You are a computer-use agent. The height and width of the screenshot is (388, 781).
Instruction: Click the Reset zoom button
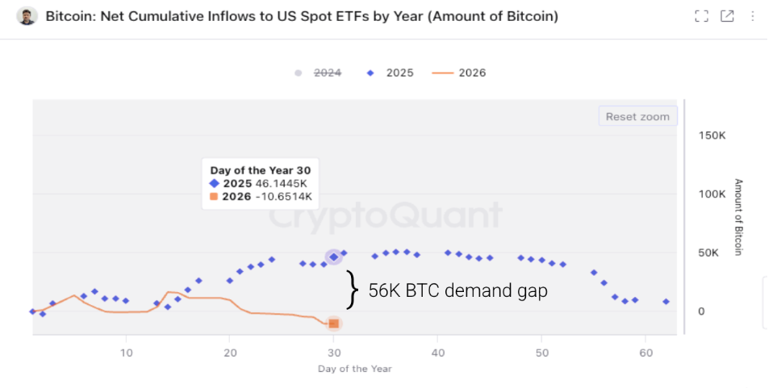637,117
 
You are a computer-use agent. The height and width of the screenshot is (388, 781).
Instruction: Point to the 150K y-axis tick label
713,136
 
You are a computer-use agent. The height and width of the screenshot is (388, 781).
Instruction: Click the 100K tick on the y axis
713,194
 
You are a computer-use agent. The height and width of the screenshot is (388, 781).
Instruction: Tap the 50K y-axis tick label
709,253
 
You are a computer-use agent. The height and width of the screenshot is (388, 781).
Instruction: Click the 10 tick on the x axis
126,353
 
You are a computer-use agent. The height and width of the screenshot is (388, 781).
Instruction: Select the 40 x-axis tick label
437,353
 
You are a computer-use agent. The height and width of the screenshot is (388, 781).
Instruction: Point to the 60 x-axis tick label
645,353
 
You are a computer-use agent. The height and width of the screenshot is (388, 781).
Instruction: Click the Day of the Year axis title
356,369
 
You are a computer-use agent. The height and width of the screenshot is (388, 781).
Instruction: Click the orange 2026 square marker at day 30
333,323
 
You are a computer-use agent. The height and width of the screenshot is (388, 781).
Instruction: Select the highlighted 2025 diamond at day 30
333,257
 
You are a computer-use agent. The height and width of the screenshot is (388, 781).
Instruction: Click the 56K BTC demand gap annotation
457,290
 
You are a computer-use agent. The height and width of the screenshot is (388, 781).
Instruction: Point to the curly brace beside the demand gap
352,290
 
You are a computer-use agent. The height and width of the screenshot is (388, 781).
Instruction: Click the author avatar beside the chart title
27,16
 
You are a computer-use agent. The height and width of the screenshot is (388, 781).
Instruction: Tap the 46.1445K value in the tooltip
282,184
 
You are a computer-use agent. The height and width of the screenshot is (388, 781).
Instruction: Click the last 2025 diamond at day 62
666,302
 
